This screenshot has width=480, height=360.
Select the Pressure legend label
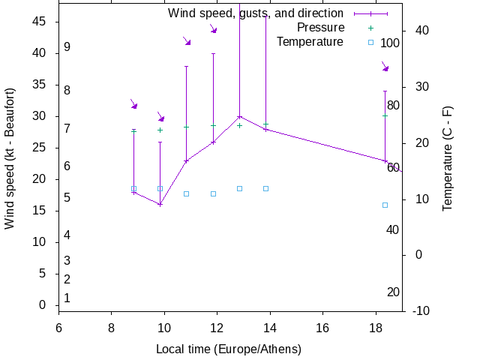pos(320,28)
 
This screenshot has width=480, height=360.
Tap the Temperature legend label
pos(310,42)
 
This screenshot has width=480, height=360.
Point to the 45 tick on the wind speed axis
pos(38,22)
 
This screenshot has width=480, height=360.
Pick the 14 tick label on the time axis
pos(270,328)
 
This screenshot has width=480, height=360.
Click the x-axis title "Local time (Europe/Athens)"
pos(229,349)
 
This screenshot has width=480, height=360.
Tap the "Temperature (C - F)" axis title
pos(448,157)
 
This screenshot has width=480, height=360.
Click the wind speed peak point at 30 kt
pos(239,116)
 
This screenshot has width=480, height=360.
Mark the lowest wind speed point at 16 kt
pos(160,204)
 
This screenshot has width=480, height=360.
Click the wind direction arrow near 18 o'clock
pos(385,67)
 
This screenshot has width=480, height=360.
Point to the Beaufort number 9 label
pos(67,47)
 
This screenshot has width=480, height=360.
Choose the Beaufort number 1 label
pos(67,298)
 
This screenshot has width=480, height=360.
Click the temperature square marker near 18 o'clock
pos(385,205)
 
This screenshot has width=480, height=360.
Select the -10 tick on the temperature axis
pos(421,311)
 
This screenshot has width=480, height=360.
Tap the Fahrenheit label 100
pos(390,43)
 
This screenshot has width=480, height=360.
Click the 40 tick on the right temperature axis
pos(421,31)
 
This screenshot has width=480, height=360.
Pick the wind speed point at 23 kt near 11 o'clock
pos(186,160)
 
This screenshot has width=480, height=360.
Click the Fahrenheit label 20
pos(393,292)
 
